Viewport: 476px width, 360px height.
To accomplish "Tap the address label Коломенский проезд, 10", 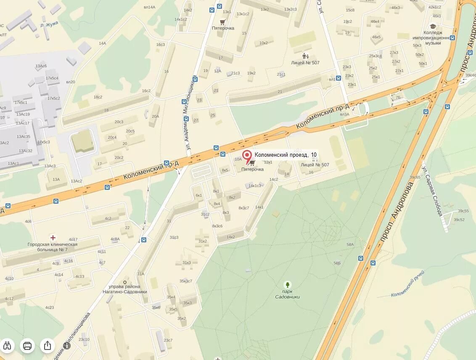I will coord(286,155).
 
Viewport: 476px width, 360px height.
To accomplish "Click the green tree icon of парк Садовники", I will coord(288,284).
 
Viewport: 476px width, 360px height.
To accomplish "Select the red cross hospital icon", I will coord(53,237).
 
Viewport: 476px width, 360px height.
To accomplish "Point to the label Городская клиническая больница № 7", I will coord(53,247).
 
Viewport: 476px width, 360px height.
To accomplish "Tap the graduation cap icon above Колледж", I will coord(434,26).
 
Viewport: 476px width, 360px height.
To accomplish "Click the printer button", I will coord(28,346).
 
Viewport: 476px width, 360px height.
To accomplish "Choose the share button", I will coord(48,346).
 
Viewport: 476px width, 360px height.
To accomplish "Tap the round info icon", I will coord(67,346).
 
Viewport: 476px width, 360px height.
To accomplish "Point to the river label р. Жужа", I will coord(50,24).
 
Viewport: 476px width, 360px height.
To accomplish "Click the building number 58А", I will coord(350,244).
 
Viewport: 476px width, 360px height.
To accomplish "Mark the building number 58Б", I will coord(337,263).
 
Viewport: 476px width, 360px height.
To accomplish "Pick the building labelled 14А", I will coord(102,43).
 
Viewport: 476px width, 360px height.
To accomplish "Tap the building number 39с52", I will coord(459,220).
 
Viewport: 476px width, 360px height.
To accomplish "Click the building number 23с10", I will coord(84,339).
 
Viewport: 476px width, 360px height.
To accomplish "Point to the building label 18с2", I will coord(98,97).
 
